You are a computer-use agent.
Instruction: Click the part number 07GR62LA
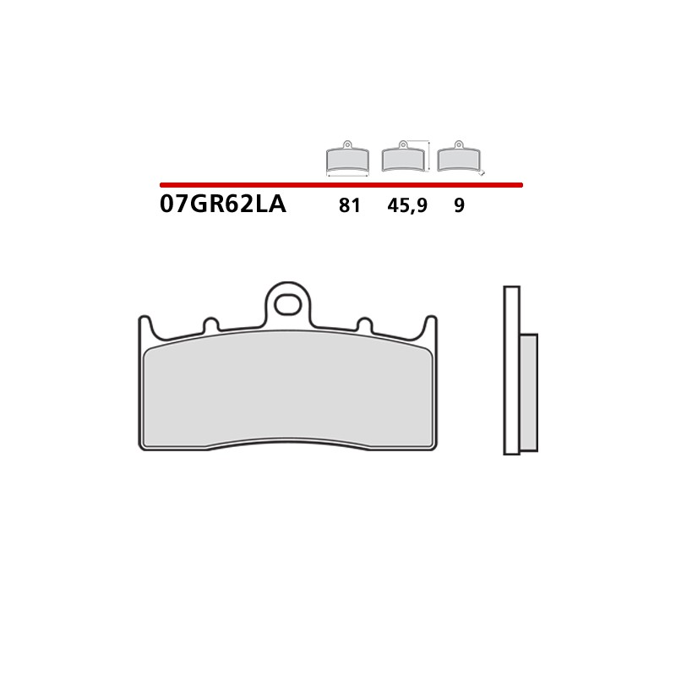pos(223,204)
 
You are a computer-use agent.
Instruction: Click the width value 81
pos(349,205)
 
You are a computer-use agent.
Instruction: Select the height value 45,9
pos(406,205)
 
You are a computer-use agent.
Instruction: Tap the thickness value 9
pos(459,205)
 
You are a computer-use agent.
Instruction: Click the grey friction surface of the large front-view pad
pos(287,393)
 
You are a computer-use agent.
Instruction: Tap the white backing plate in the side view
pos(511,372)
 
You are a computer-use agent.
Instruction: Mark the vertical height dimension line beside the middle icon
pos(431,156)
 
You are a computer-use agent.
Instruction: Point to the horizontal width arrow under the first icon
pos(347,175)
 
